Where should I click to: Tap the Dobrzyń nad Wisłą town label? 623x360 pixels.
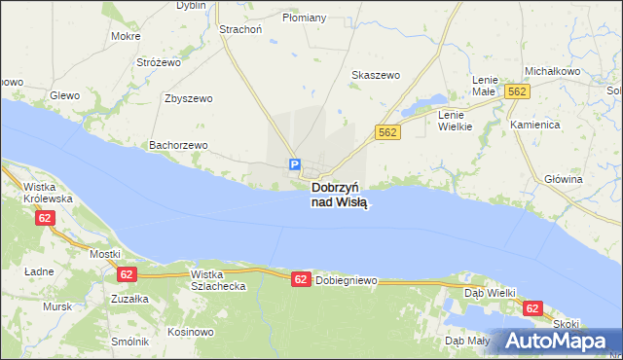tap(339, 195)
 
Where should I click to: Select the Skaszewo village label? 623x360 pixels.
tap(376, 75)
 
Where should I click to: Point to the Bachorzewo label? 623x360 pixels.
tap(178, 145)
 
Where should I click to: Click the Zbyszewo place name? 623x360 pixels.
tap(189, 98)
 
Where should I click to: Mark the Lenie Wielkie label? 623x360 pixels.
tap(455, 120)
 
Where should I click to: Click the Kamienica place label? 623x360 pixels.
tap(535, 126)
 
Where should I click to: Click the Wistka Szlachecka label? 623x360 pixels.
tap(219, 280)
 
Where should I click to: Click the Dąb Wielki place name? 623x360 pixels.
tap(489, 292)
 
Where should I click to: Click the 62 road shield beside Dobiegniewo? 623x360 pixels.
tap(301, 279)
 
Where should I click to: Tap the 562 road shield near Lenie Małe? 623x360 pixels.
tap(517, 90)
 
